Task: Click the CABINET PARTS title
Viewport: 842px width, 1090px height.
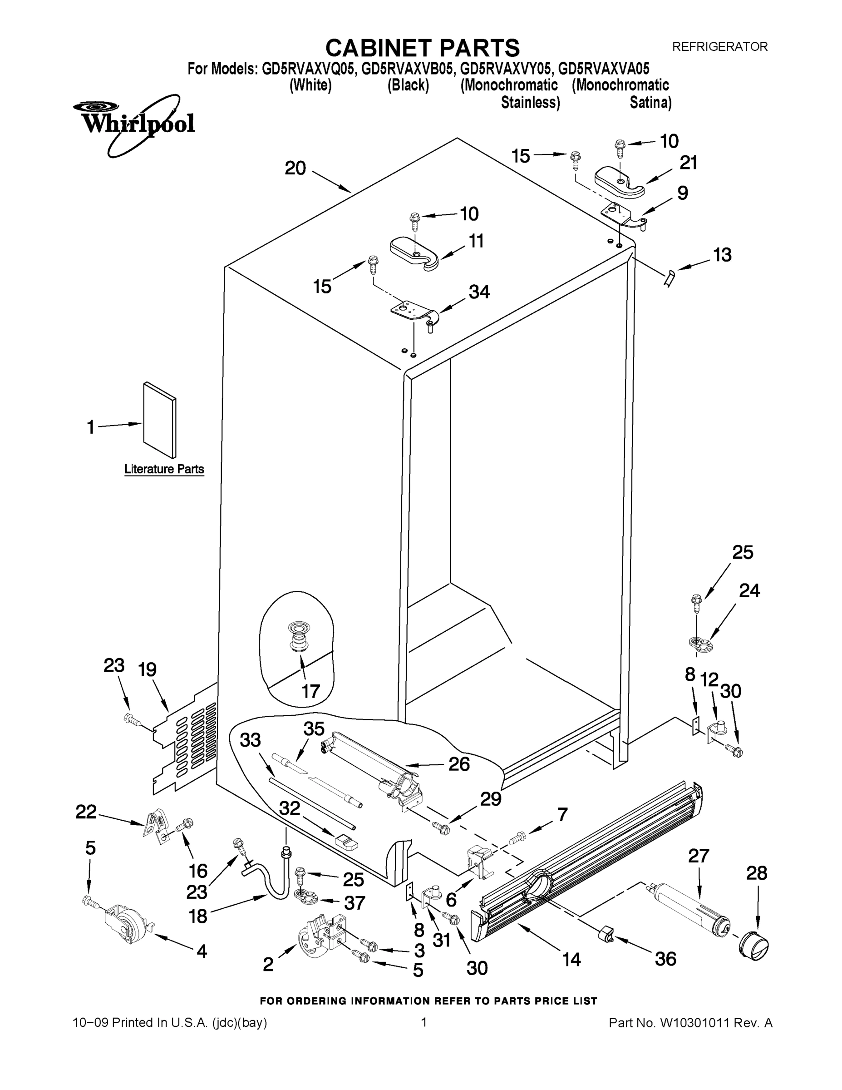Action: point(423,49)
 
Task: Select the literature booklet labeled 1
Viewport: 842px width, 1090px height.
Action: point(159,420)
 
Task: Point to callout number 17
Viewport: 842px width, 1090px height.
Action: point(310,691)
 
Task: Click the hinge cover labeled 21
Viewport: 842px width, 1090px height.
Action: point(619,183)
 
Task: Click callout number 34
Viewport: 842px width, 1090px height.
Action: point(479,292)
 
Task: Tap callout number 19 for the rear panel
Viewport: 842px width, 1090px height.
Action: point(147,669)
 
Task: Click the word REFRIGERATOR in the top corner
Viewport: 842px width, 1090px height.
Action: point(720,47)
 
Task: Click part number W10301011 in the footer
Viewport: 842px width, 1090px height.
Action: point(695,1023)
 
